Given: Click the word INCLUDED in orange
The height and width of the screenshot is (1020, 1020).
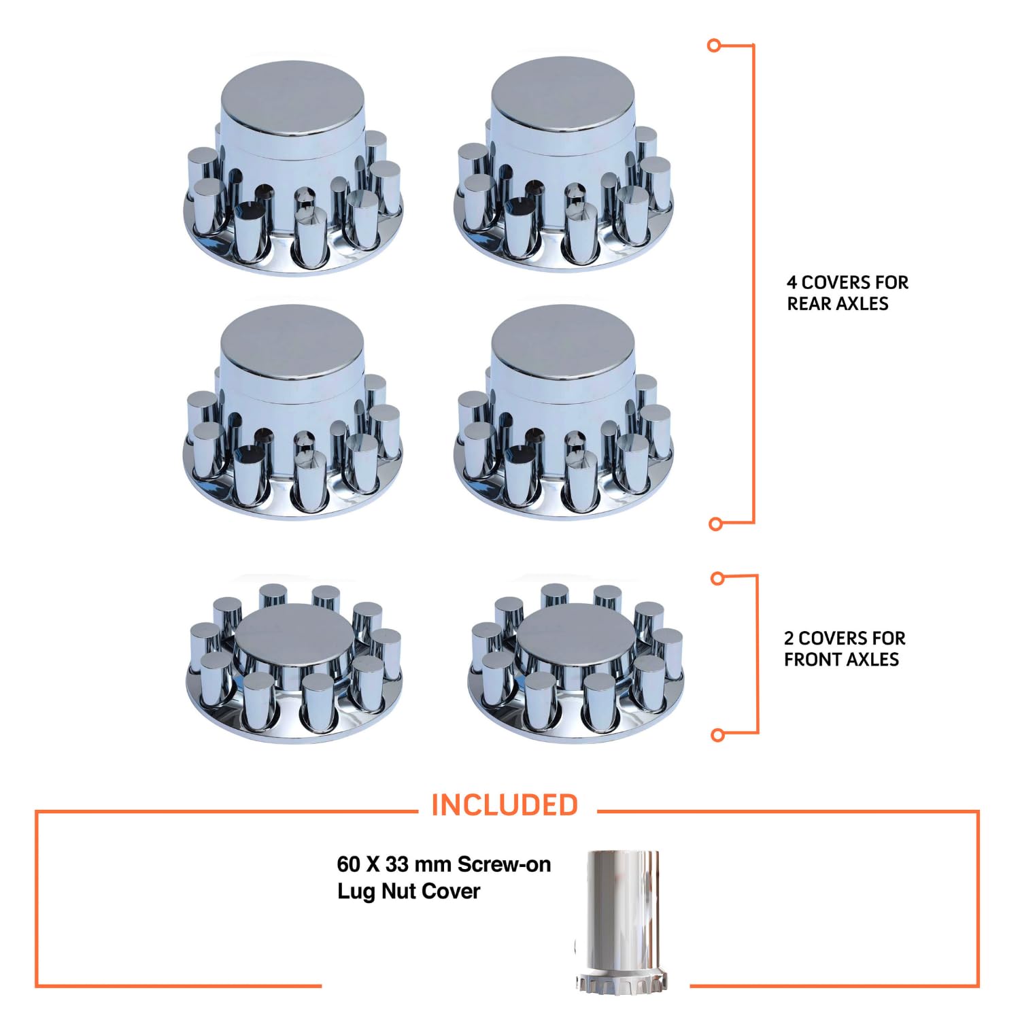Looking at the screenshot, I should click(x=505, y=805).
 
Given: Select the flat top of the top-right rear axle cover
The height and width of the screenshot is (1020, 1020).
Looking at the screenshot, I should click(x=563, y=90).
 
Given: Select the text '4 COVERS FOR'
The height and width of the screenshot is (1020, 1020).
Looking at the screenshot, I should click(x=847, y=282).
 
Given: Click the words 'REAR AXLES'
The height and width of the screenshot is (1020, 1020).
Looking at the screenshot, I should click(x=838, y=304).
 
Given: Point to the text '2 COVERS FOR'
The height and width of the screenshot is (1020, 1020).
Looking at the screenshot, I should click(x=845, y=639).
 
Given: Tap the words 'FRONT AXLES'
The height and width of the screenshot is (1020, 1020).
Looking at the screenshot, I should click(x=841, y=660).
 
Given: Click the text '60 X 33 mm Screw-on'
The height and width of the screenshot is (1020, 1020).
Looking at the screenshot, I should click(x=443, y=864).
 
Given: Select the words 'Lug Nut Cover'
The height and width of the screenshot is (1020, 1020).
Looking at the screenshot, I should click(x=409, y=891).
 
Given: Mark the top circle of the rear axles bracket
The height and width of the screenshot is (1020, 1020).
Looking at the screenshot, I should click(x=714, y=46).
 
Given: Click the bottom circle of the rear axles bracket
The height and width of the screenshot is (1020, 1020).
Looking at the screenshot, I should click(x=715, y=524).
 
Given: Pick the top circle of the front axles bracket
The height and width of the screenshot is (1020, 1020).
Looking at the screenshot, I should click(x=717, y=579).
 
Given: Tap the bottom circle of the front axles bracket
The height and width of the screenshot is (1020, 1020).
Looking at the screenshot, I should click(x=717, y=735).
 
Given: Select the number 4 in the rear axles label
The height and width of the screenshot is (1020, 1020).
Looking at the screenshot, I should click(x=792, y=282).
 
